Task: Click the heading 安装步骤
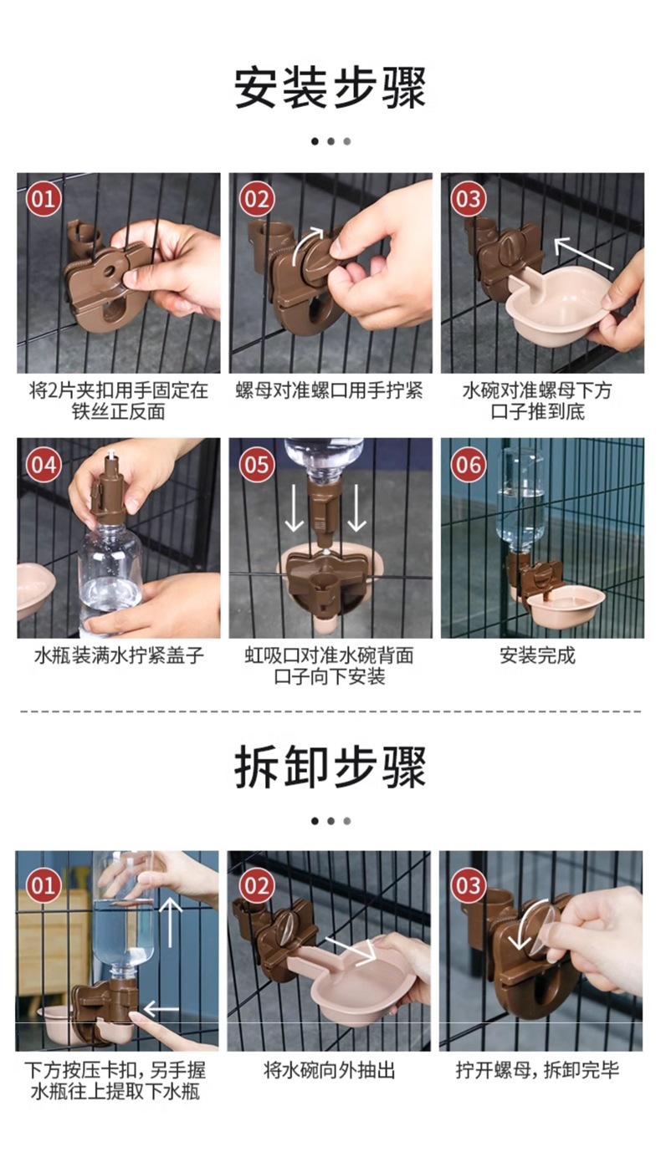click(x=330, y=87)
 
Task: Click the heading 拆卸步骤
click(x=330, y=767)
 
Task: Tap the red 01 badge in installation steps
click(x=44, y=199)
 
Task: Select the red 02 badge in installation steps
click(x=256, y=199)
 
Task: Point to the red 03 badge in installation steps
click(x=469, y=199)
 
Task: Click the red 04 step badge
click(x=44, y=464)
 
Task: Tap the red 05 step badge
click(x=256, y=464)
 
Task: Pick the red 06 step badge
click(x=469, y=464)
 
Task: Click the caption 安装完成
click(x=537, y=655)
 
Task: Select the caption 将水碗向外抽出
click(x=329, y=1070)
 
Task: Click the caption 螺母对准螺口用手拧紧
click(x=329, y=390)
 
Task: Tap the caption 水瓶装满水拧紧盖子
click(x=119, y=655)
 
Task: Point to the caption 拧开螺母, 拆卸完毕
click(x=537, y=1070)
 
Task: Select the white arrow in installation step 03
click(x=583, y=252)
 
